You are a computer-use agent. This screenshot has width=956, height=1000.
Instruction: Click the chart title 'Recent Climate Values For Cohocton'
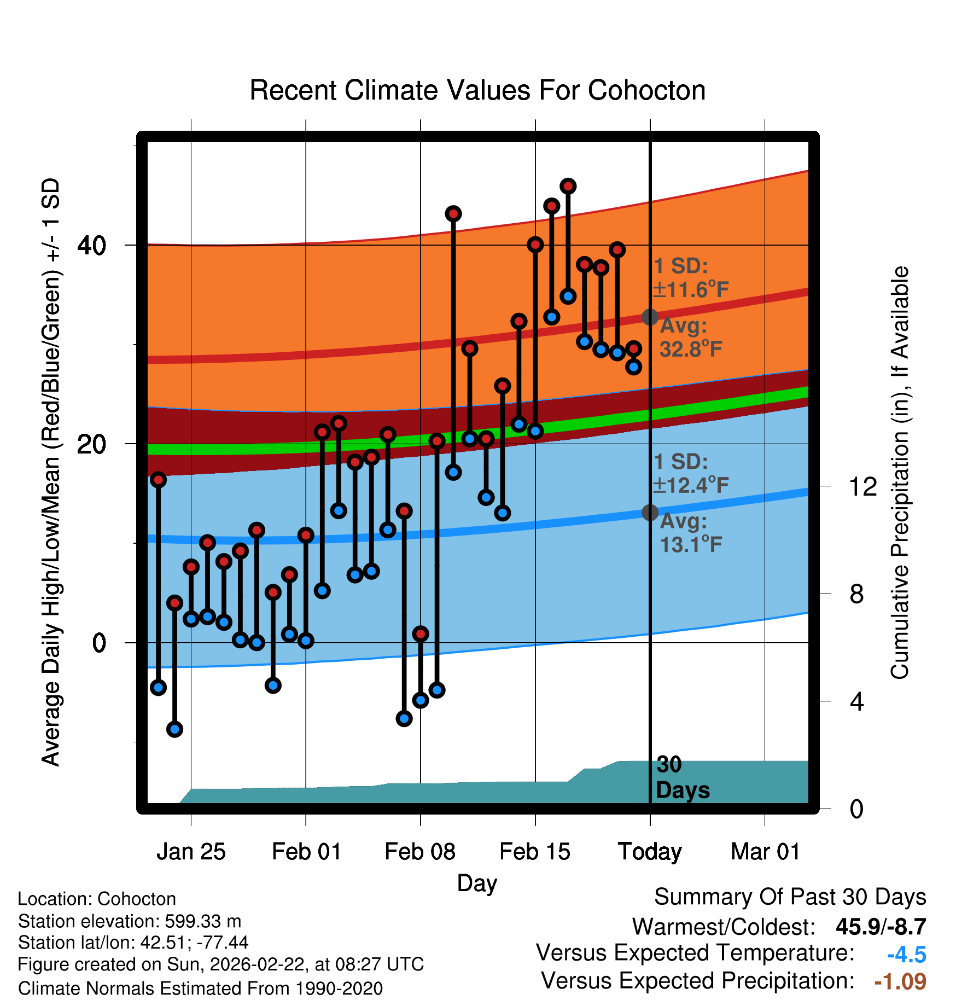[x=477, y=90]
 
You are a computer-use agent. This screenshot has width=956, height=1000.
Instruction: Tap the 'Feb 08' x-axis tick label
[x=420, y=852]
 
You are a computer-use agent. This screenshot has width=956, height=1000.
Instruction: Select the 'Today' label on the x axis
[x=650, y=852]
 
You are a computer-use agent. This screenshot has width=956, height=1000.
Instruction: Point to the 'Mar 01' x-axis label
[x=765, y=852]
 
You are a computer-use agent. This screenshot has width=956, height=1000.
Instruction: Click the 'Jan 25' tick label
[x=191, y=852]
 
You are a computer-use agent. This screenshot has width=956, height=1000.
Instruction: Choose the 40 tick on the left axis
[x=91, y=246]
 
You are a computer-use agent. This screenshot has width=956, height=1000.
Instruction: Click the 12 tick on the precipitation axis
[x=862, y=486]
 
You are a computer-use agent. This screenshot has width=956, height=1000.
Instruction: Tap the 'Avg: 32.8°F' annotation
[x=690, y=338]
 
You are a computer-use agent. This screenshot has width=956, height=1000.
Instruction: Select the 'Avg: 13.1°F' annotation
[x=690, y=533]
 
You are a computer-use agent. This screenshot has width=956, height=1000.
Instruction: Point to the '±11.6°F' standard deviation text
[x=691, y=289]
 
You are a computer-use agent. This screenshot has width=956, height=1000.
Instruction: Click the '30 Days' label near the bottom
[x=682, y=777]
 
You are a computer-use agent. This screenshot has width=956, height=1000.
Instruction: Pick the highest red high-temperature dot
[x=568, y=187]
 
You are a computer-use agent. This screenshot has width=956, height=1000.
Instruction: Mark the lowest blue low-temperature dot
[x=174, y=729]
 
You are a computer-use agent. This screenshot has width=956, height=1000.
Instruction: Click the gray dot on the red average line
[x=650, y=317]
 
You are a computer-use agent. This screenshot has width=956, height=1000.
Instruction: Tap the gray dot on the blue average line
[x=650, y=513]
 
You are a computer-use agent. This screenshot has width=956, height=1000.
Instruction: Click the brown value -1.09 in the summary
[x=900, y=981]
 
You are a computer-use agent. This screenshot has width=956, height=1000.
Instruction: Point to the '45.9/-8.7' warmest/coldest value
[x=881, y=927]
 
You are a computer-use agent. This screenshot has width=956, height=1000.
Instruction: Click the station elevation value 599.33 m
[x=203, y=921]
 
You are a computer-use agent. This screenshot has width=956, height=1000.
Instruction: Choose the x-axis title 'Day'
[x=477, y=883]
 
